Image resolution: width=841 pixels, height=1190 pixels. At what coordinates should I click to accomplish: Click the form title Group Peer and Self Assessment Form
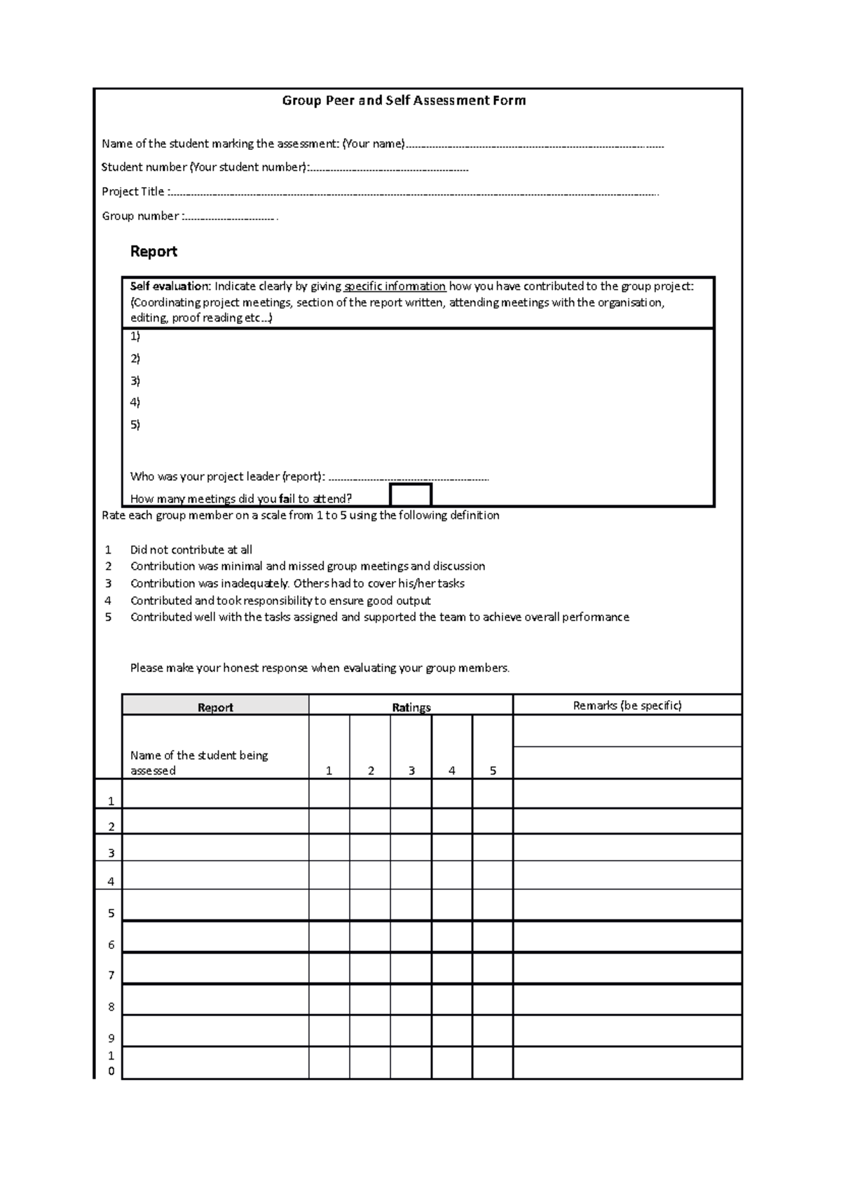[404, 100]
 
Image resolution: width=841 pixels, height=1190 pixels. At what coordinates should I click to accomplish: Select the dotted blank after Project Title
[413, 193]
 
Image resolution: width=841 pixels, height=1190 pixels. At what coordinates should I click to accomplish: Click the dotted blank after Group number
[230, 218]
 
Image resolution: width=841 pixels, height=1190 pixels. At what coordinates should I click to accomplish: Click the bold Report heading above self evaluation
[153, 251]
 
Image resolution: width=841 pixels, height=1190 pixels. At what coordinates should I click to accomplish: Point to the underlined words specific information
[395, 286]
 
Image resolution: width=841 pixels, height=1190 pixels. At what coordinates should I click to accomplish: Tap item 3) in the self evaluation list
[135, 381]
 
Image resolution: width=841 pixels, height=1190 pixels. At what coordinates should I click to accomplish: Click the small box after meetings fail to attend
[410, 495]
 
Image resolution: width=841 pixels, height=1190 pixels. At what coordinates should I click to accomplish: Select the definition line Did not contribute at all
[191, 550]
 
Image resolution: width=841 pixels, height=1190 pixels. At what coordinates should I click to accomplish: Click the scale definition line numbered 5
[379, 617]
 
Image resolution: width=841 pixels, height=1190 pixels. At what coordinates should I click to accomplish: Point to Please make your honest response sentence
[320, 668]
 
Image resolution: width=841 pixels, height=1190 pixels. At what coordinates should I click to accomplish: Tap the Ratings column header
[411, 706]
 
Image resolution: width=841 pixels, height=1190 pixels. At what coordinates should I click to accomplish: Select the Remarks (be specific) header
[627, 705]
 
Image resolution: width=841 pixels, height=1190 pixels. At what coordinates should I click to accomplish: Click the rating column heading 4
[452, 770]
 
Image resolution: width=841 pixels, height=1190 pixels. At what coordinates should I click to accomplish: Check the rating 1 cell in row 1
[329, 794]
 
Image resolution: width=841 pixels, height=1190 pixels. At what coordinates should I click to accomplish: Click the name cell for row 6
[215, 936]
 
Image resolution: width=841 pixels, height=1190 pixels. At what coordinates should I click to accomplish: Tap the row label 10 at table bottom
[111, 1063]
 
